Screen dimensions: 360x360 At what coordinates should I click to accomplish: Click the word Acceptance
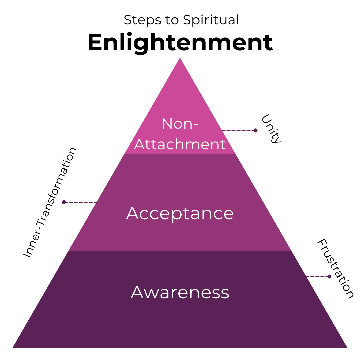tap(180, 213)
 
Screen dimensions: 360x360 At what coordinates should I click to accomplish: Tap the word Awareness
tap(180, 292)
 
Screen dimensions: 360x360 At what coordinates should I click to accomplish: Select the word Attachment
tap(180, 144)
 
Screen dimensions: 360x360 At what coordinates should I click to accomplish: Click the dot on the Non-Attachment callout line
tap(255, 130)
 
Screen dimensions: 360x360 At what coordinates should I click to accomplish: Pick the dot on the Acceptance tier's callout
tap(64, 202)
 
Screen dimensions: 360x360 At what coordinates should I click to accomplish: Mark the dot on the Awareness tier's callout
tap(329, 276)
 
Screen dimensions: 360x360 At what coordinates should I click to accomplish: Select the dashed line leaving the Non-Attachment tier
tap(237, 130)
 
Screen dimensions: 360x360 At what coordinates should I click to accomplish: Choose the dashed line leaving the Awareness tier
tap(317, 276)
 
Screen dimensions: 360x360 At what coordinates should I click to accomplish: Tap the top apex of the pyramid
tap(180, 58)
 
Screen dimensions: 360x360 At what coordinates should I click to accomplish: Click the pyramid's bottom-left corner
tap(13, 347)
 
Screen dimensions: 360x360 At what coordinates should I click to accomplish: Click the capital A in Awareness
tap(137, 292)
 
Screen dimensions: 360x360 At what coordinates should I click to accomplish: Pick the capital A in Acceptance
tap(133, 213)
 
